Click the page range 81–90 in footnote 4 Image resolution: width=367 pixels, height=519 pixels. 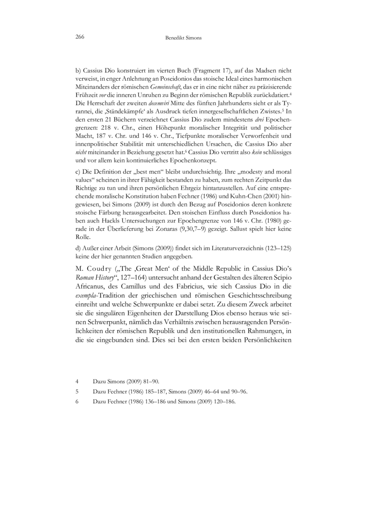coord(149,381)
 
